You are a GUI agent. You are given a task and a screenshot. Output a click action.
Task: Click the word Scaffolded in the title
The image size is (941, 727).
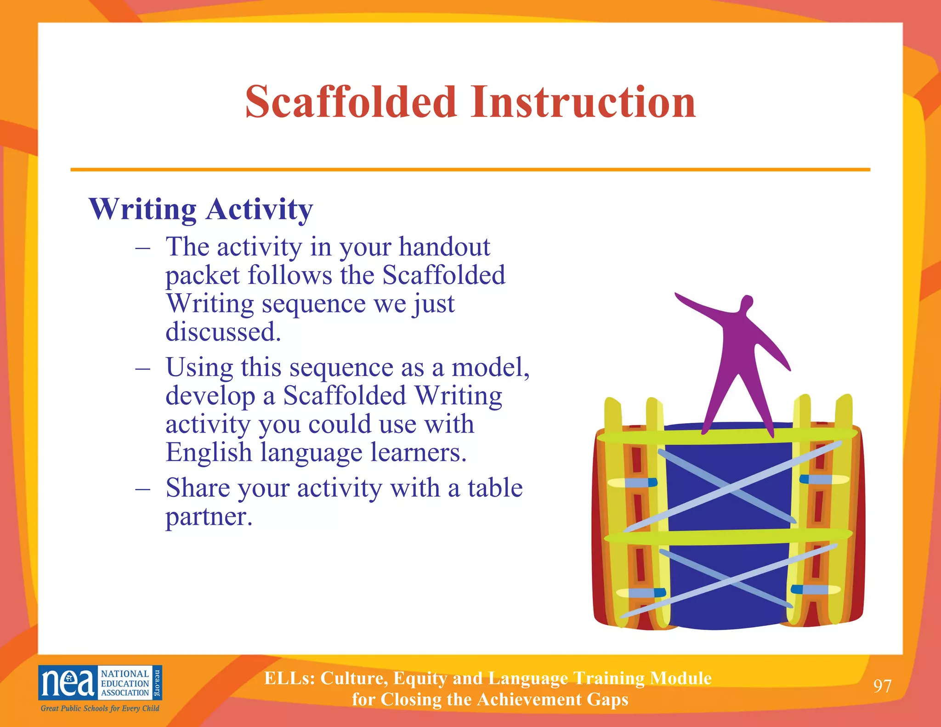pyautogui.click(x=351, y=102)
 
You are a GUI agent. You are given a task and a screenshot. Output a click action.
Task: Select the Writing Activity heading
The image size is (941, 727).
pyautogui.click(x=201, y=209)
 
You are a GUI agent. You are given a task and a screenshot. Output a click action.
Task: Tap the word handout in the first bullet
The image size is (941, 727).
pyautogui.click(x=444, y=247)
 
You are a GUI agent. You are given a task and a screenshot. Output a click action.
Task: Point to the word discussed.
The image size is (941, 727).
pyautogui.click(x=223, y=332)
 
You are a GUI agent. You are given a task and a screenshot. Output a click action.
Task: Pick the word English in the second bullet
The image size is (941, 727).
pyautogui.click(x=209, y=452)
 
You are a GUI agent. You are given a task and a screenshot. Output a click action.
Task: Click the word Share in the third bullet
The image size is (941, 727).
pyautogui.click(x=197, y=488)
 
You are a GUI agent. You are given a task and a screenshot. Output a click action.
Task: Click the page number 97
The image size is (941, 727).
pyautogui.click(x=882, y=686)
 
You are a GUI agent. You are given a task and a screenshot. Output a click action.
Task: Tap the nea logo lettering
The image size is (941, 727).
pyautogui.click(x=68, y=683)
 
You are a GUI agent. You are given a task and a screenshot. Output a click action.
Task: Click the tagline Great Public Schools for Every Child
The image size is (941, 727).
pyautogui.click(x=100, y=708)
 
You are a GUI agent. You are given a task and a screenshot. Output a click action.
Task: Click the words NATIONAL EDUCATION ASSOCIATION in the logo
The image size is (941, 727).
pyautogui.click(x=125, y=683)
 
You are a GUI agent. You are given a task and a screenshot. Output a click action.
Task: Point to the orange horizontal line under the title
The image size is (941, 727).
pyautogui.click(x=470, y=170)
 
